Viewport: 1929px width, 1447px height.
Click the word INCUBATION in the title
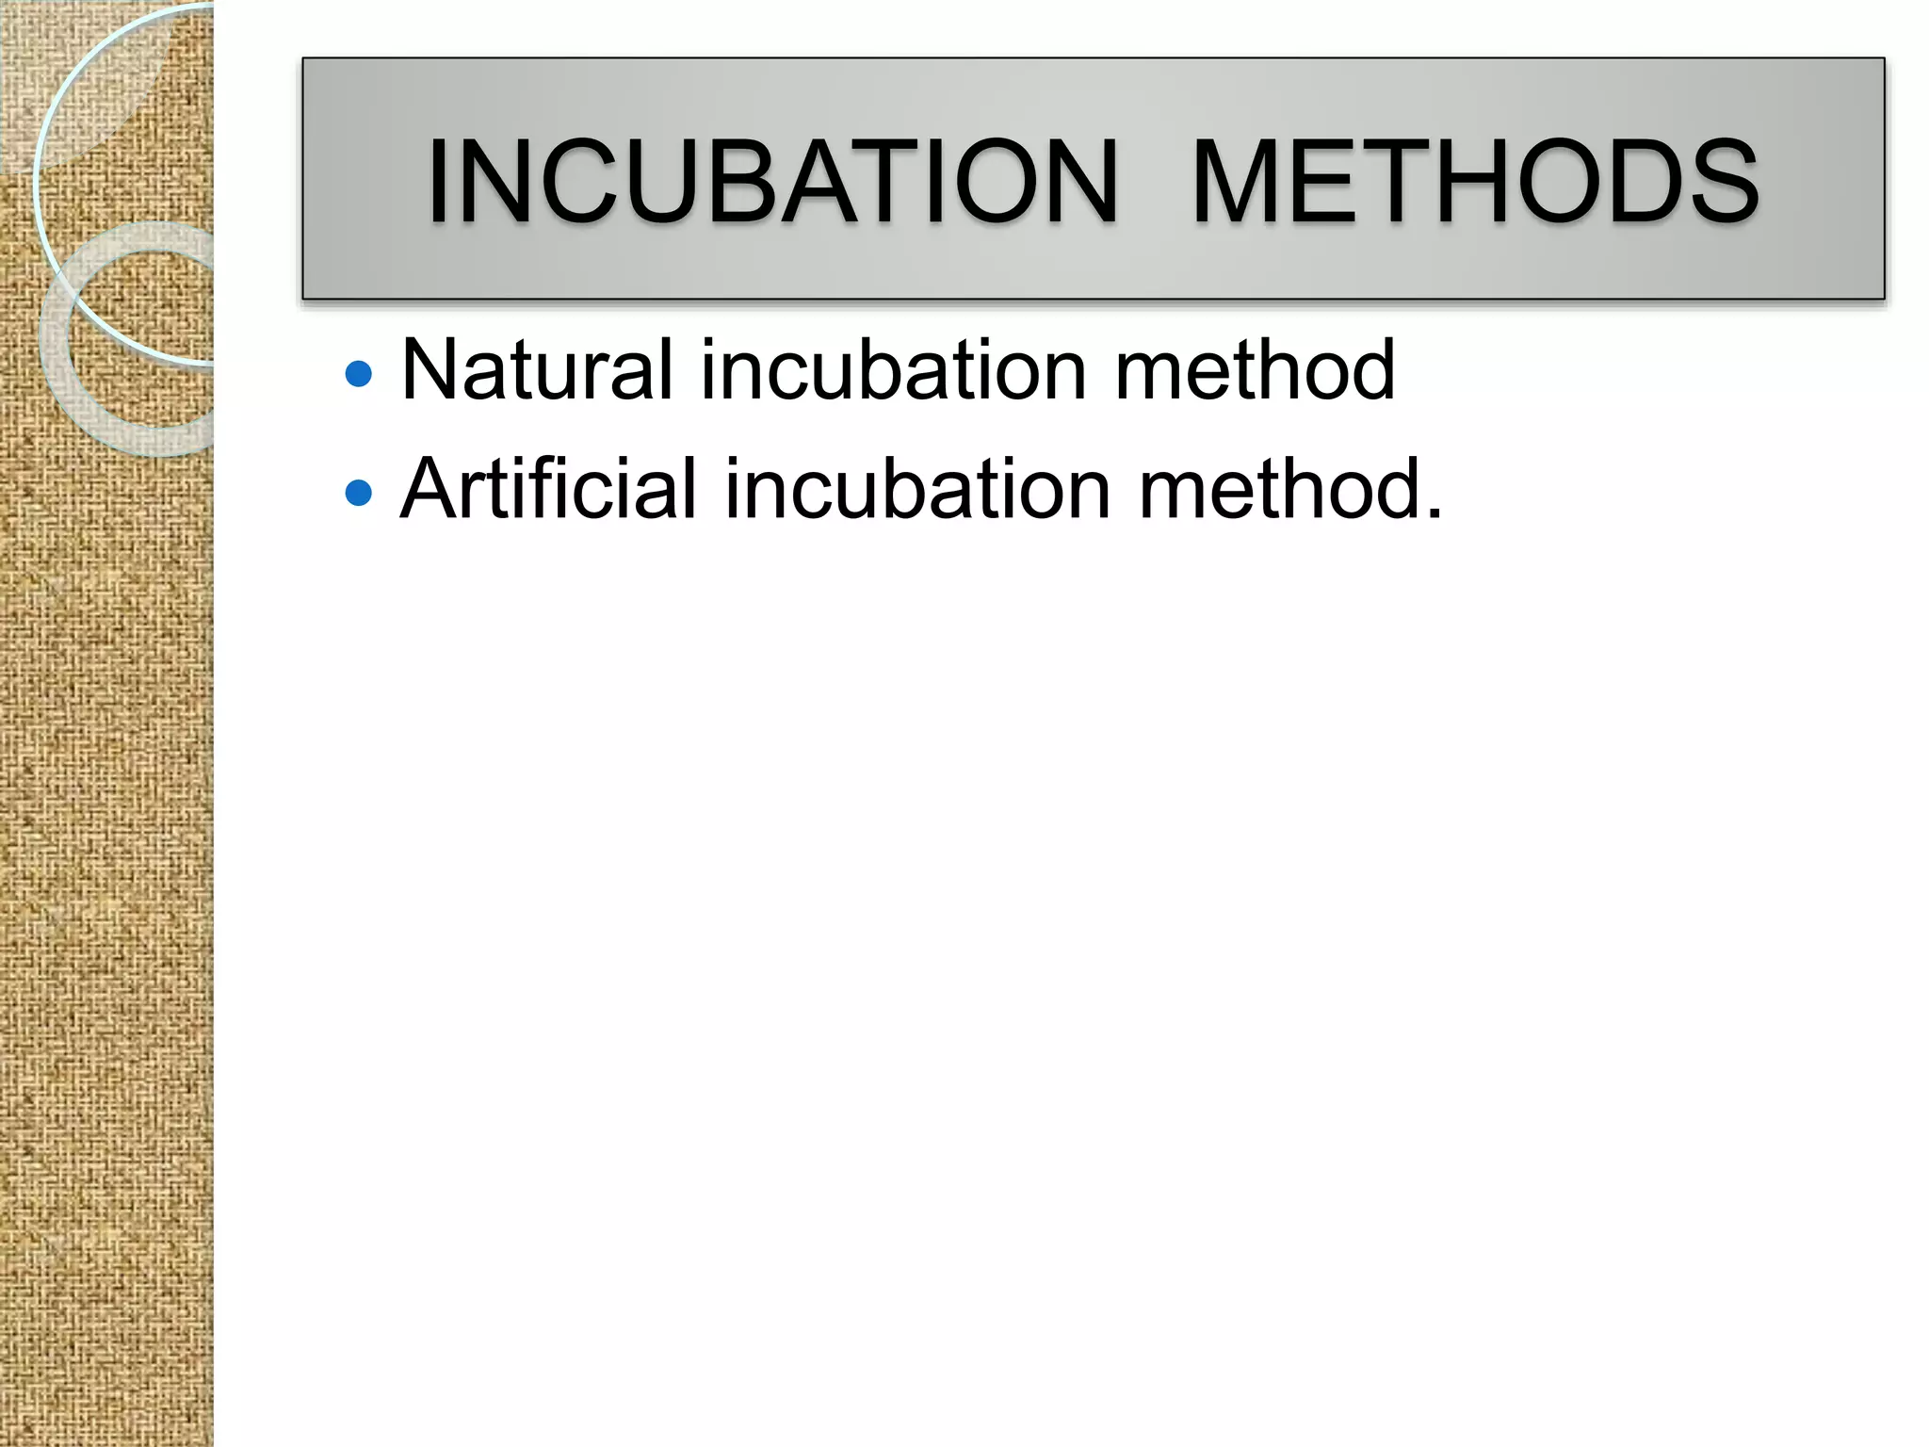click(x=772, y=181)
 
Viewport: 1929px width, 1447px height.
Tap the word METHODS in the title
click(x=1474, y=181)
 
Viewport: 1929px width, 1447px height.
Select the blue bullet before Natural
click(x=359, y=375)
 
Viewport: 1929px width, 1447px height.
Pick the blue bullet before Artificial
click(x=359, y=493)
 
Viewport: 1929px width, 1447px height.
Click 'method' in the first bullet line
click(x=1254, y=370)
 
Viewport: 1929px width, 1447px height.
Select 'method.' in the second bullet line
click(x=1289, y=488)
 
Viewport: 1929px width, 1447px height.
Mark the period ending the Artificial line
click(x=1433, y=513)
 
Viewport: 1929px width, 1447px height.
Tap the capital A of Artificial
click(x=430, y=488)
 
